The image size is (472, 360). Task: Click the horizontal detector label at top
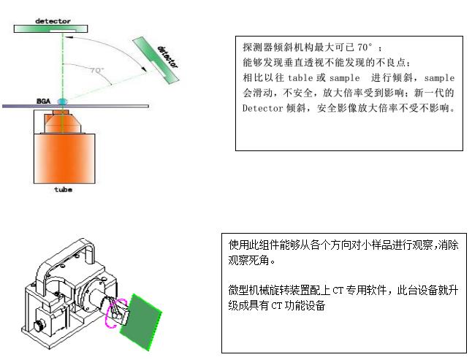[53, 21]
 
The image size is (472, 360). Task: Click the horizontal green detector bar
[51, 29]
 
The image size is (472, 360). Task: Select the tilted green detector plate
[156, 60]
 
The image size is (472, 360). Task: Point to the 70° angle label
[97, 70]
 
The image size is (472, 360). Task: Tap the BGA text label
[43, 101]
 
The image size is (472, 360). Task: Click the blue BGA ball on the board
[63, 102]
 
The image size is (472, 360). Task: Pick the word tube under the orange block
[64, 189]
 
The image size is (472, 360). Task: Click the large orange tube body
[64, 158]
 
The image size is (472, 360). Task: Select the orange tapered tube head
[63, 123]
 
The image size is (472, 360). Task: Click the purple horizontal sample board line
[75, 106]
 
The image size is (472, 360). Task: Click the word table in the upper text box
[300, 78]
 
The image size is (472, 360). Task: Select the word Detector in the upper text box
[262, 108]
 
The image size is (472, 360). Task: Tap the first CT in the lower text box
[338, 291]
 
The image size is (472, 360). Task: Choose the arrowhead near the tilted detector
[144, 69]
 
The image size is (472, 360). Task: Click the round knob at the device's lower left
[39, 326]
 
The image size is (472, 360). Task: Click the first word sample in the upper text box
[344, 78]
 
